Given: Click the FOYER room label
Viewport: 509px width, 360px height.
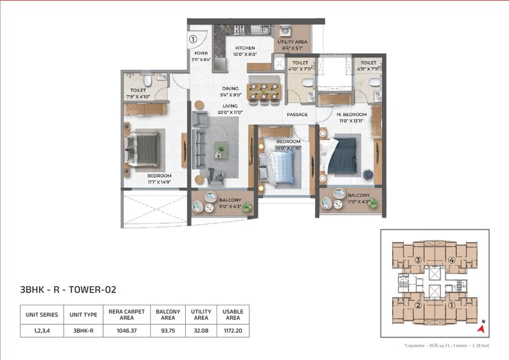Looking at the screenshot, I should (200, 53).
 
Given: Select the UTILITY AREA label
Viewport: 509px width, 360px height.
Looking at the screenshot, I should (292, 42).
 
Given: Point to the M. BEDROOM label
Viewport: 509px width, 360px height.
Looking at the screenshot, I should (351, 114).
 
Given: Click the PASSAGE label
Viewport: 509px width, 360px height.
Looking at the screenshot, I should (297, 114).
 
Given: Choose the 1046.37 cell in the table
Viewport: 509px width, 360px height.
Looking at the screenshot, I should (122, 330).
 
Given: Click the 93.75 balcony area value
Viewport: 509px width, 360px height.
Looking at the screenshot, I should (167, 330).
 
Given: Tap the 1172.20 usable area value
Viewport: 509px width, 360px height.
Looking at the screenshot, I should (233, 330).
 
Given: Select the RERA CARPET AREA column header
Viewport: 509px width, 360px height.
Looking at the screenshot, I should (122, 314).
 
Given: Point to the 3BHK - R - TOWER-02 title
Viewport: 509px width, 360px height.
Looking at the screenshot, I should (68, 288).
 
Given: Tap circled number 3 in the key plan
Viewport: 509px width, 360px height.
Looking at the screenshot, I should (417, 260).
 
